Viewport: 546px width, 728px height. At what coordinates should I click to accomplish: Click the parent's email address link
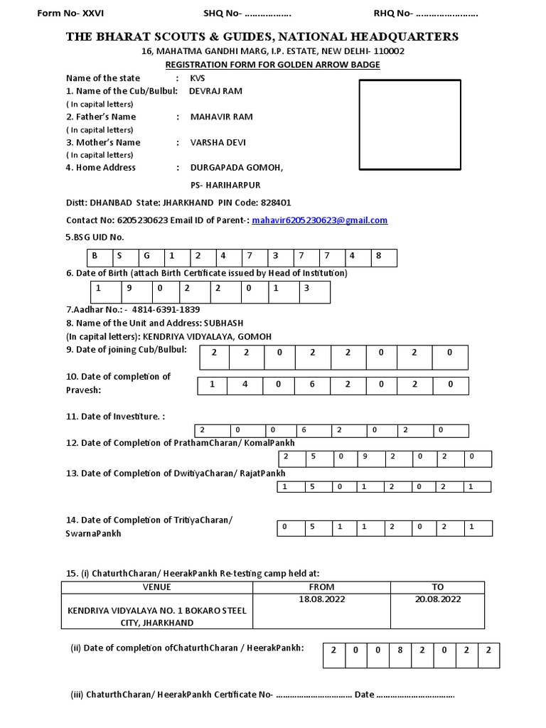[320, 220]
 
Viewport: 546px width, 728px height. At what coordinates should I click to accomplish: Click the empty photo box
[409, 125]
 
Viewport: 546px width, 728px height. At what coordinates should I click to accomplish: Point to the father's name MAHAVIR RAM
[221, 117]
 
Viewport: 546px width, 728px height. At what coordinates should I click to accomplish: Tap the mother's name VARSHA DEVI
[218, 142]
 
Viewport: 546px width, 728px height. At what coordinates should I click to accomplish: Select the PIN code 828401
[276, 203]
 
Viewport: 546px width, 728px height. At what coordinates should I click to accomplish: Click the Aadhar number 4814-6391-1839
[166, 310]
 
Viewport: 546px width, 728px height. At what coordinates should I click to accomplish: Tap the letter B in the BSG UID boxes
[94, 255]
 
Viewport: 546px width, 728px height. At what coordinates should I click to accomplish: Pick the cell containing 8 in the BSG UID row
[379, 255]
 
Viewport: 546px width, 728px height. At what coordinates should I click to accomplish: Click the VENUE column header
[157, 587]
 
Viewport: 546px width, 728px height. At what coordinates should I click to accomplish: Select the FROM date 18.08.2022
[321, 599]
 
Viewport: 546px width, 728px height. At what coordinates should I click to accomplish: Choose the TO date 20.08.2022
[437, 599]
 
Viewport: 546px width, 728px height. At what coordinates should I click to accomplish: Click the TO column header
[437, 587]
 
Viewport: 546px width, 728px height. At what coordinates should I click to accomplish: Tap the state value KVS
[198, 78]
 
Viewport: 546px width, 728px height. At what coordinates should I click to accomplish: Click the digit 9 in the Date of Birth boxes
[131, 289]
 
